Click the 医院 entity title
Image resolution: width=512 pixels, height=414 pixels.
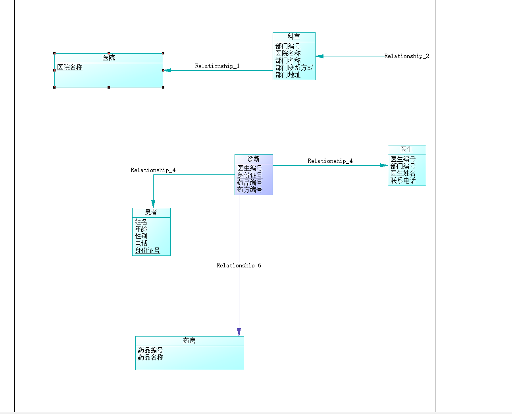click(108, 58)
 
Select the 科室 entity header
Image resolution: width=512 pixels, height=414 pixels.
click(294, 37)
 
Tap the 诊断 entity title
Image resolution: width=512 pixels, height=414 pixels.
click(253, 159)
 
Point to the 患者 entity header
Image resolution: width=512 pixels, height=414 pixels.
click(151, 213)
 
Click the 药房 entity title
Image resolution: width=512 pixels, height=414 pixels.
click(189, 341)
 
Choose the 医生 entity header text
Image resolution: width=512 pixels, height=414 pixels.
click(406, 150)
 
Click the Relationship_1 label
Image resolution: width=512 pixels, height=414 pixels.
click(217, 66)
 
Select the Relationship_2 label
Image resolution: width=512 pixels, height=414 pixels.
click(406, 56)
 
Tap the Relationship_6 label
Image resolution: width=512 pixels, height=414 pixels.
click(239, 265)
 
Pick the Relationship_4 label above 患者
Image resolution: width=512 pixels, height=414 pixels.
click(153, 170)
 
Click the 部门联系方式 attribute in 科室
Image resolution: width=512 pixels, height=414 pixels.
click(294, 68)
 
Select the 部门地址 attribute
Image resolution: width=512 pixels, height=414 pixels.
click(288, 75)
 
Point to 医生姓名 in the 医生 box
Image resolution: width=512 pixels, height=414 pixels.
click(402, 173)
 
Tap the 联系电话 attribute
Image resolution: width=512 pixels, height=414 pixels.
click(402, 180)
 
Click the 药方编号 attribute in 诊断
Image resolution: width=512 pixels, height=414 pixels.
click(250, 190)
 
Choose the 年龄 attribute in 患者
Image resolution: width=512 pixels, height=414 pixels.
click(141, 229)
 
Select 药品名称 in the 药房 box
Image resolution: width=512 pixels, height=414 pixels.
click(150, 357)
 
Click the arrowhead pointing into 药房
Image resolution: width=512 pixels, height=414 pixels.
click(239, 332)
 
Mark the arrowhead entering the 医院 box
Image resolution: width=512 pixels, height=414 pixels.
click(167, 70)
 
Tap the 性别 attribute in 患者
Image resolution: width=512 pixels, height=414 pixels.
click(141, 236)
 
